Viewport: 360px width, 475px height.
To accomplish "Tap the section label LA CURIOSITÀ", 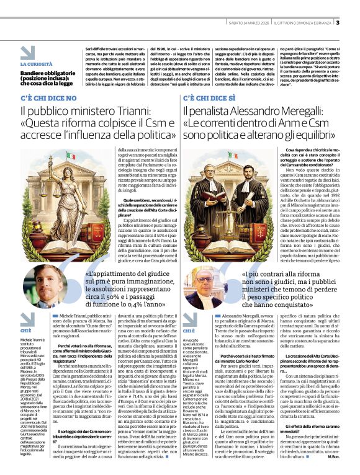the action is pyautogui.click(x=36, y=64).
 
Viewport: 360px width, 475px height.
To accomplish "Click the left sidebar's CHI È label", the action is pyautogui.click(x=25, y=331).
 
